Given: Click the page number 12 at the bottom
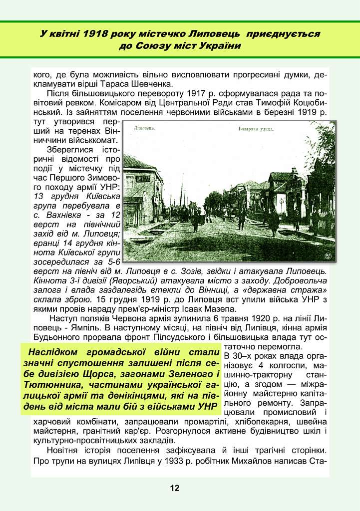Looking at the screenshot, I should (x=174, y=488).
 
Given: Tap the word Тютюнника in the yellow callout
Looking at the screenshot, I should (x=48, y=385).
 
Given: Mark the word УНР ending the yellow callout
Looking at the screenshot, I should (x=209, y=407).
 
